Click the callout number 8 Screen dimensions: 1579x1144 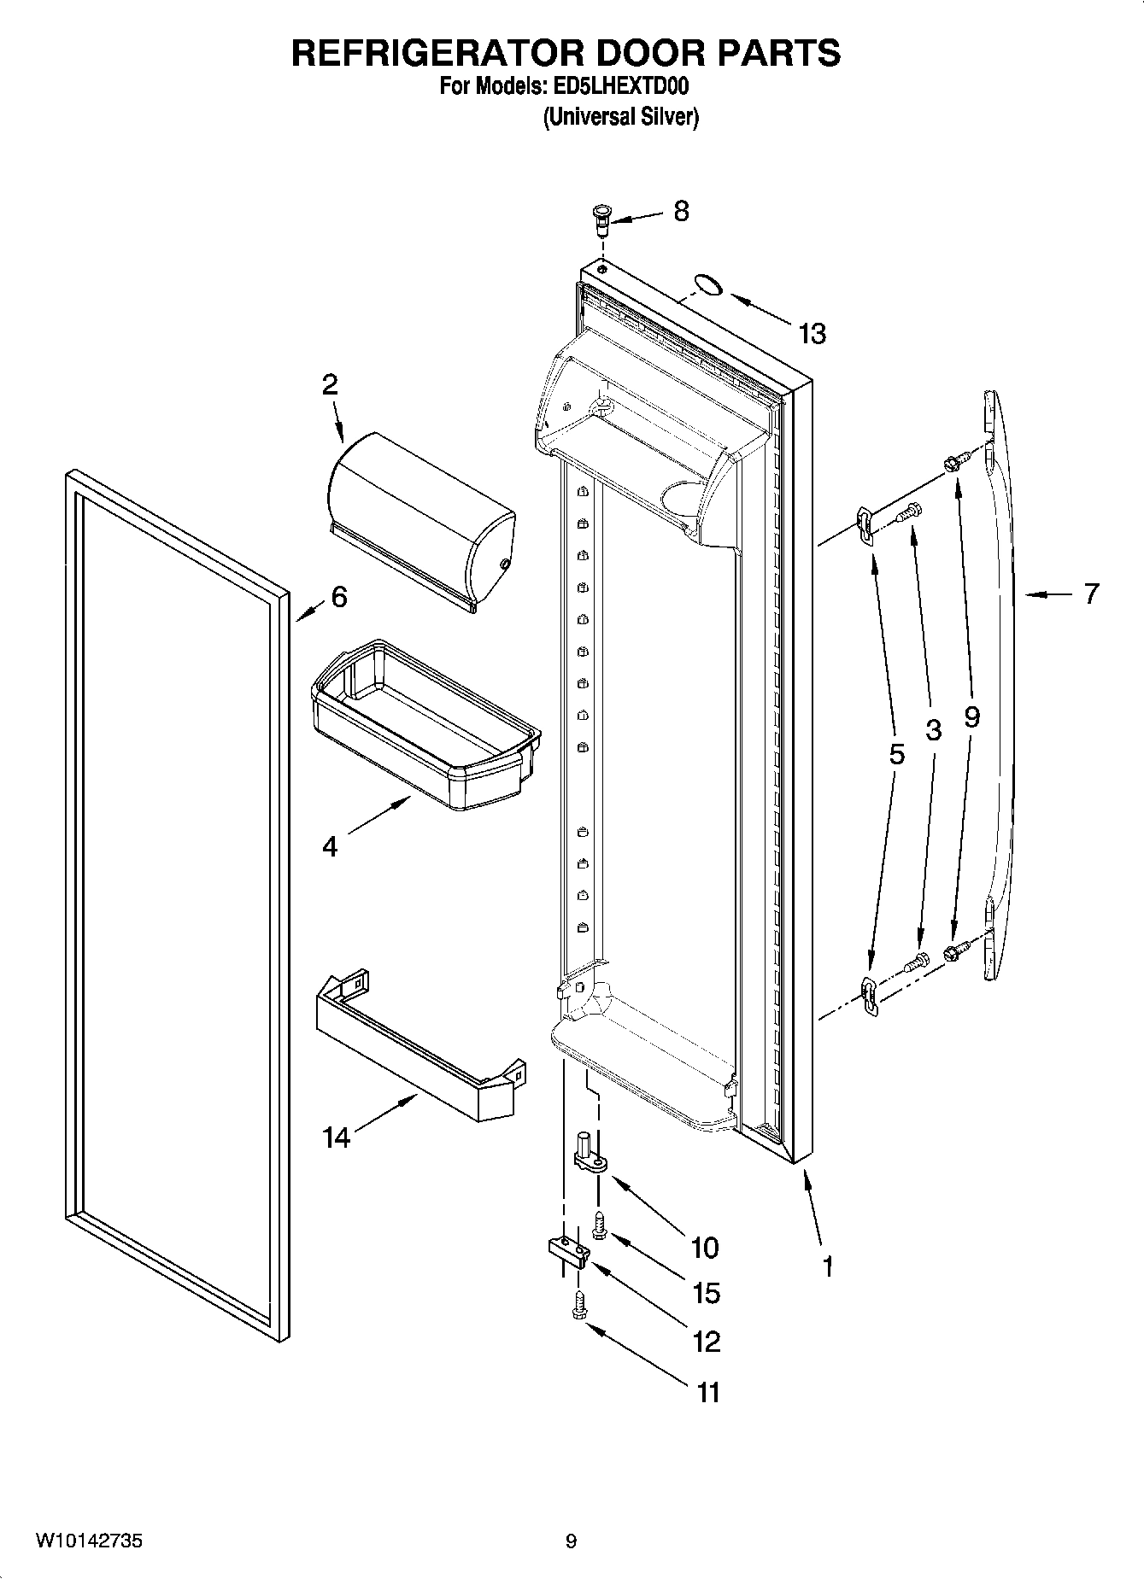coord(681,211)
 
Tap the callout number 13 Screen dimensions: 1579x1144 coord(813,333)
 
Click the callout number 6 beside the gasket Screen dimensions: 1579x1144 coord(339,597)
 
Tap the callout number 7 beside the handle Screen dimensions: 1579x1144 coord(1091,594)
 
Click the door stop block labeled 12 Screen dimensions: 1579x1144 coord(568,1251)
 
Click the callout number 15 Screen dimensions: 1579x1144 coord(706,1293)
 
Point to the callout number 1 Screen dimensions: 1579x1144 coord(826,1266)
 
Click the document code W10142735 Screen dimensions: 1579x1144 coord(89,1541)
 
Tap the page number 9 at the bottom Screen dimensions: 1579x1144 coord(571,1541)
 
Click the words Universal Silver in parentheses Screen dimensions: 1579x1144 coord(621,117)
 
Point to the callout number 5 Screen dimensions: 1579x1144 coord(895,753)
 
